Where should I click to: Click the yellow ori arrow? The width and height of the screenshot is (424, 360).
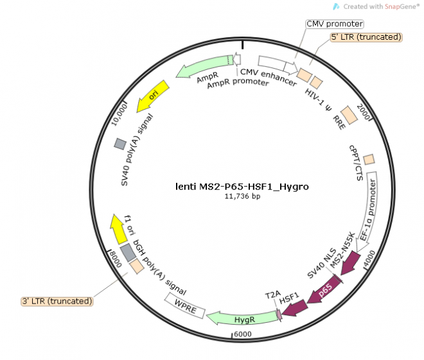click(x=152, y=96)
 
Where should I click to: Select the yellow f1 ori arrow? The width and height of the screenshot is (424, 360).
click(x=118, y=228)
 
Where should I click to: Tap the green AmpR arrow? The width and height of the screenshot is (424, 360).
click(x=205, y=65)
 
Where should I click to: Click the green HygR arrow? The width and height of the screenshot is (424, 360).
click(x=243, y=318)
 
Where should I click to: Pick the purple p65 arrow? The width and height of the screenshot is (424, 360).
click(x=324, y=289)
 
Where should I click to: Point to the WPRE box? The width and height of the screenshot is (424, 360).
click(x=185, y=306)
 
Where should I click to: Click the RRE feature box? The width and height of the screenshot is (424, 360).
click(x=349, y=115)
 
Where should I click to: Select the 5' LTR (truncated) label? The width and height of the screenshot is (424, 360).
click(x=366, y=37)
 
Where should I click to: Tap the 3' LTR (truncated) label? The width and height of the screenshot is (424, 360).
click(x=57, y=301)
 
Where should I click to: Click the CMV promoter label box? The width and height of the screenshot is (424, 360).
click(x=335, y=24)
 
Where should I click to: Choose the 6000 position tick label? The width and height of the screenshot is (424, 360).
click(x=243, y=334)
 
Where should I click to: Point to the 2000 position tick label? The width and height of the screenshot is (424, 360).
click(x=363, y=112)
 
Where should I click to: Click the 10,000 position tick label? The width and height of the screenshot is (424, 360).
click(x=119, y=115)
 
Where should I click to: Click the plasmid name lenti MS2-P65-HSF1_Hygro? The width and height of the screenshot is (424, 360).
click(x=242, y=187)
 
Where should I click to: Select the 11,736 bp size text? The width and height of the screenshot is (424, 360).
click(x=243, y=196)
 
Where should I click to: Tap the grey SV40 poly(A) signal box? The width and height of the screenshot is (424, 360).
click(x=120, y=144)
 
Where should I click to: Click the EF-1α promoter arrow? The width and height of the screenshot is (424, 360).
click(x=371, y=208)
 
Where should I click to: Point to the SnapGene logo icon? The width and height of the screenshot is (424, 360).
click(x=336, y=6)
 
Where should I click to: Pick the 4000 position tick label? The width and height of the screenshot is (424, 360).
click(x=369, y=258)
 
